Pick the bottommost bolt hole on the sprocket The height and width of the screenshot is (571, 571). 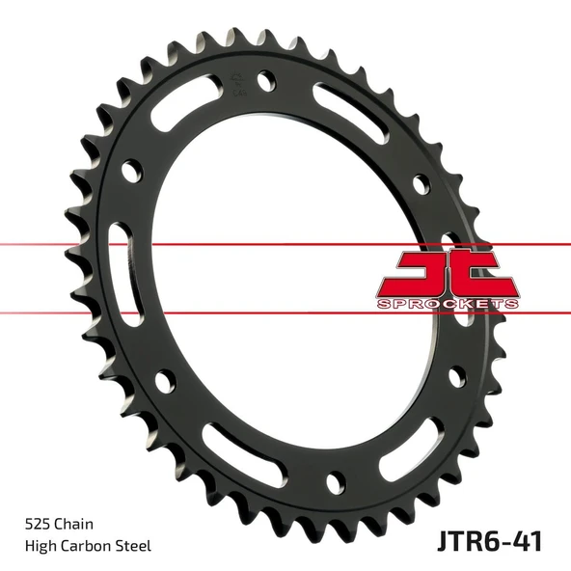click(335, 478)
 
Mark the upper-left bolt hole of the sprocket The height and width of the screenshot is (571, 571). click(127, 170)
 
